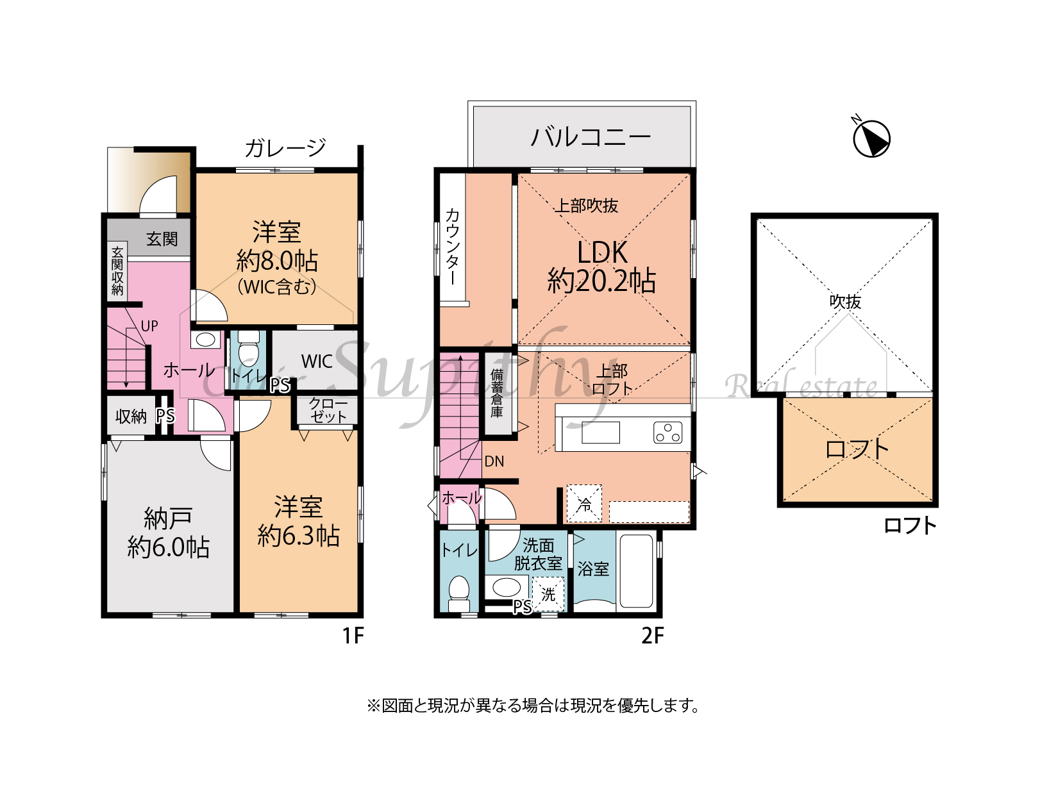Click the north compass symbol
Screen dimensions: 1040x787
pos(871,138)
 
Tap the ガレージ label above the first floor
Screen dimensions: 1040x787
pos(285,147)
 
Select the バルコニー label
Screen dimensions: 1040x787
pos(591,137)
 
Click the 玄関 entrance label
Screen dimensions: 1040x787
pos(162,238)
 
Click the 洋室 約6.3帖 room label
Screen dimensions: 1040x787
pos(299,521)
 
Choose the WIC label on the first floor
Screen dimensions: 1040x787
pos(317,361)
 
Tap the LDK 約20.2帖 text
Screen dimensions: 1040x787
pos(601,267)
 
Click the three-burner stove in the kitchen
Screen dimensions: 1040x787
pos(667,432)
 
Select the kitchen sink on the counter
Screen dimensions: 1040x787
pos(600,432)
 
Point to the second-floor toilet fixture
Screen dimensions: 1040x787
pos(458,594)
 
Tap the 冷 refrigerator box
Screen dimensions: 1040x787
pos(584,503)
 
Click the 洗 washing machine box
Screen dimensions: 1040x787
pos(548,594)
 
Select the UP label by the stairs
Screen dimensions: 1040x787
pos(149,326)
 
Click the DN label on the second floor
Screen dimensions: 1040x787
pos(494,461)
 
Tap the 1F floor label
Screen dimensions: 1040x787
pos(353,636)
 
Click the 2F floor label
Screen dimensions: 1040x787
pos(653,636)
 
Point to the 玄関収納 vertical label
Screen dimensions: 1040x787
pos(117,271)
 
